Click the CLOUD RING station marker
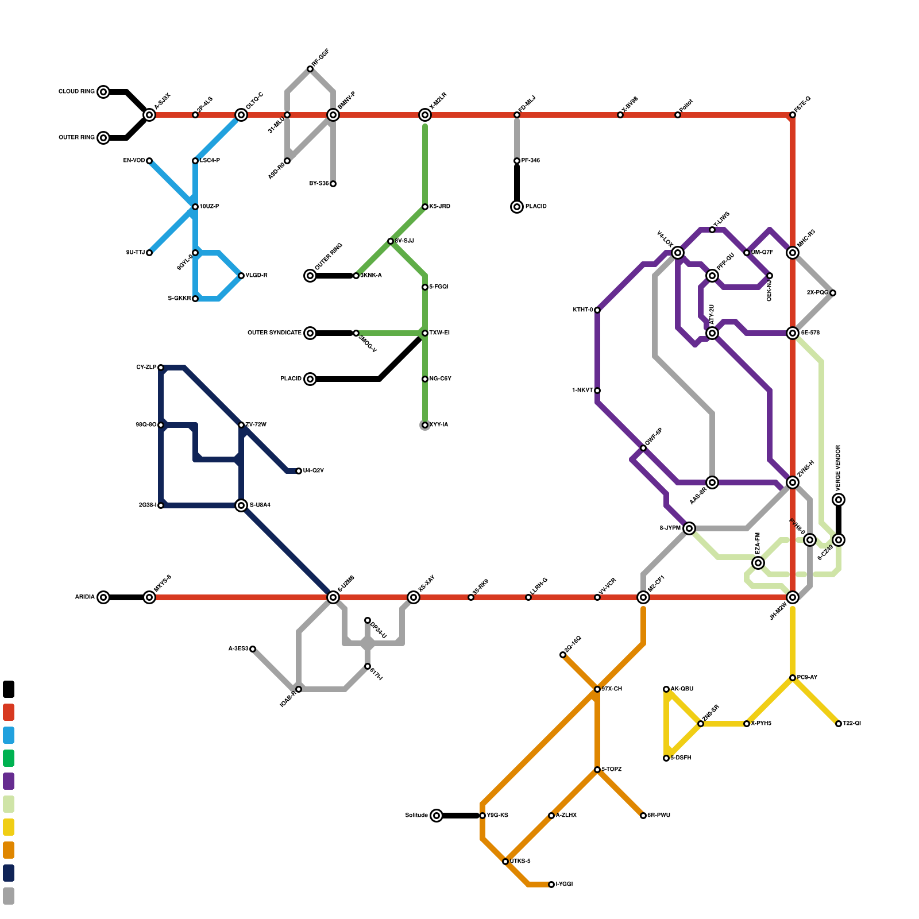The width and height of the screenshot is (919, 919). [103, 92]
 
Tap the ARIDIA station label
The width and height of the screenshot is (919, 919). [84, 597]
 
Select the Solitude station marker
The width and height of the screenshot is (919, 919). [437, 816]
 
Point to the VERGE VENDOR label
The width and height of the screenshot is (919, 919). [839, 465]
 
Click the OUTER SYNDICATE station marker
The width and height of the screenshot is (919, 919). [310, 333]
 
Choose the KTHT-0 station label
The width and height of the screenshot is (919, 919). [582, 310]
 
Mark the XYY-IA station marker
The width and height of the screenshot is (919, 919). [425, 425]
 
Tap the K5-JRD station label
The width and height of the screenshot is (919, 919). [440, 207]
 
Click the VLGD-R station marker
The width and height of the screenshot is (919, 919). [241, 276]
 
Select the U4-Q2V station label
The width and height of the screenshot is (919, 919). [314, 471]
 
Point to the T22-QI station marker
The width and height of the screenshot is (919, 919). [839, 724]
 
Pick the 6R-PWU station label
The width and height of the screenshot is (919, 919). [659, 816]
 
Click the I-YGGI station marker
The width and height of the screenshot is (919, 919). [551, 885]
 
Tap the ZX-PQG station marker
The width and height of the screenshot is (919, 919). [833, 293]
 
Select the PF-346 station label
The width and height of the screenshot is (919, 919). [531, 161]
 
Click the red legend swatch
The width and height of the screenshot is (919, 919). [9, 712]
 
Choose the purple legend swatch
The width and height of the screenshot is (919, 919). [9, 781]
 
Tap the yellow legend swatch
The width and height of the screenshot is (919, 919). [9, 827]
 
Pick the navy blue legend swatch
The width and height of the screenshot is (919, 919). [9, 873]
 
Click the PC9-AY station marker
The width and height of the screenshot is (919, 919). [793, 678]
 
